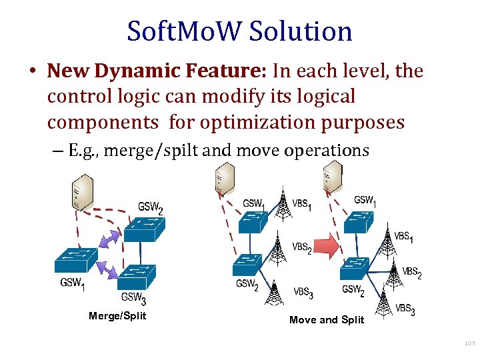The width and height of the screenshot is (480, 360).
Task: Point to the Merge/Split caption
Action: pos(117,315)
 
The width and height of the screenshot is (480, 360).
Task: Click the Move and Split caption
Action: pos(327,320)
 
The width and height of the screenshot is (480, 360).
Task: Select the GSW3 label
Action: pos(134,298)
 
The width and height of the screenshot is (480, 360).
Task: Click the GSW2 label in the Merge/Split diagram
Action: pos(151,207)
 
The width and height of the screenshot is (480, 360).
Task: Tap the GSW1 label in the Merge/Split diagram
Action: pos(73,283)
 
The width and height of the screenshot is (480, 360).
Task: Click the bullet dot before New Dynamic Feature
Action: pos(33,71)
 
